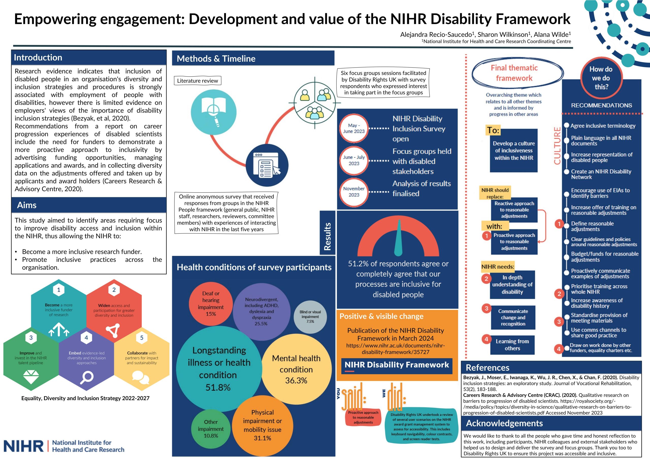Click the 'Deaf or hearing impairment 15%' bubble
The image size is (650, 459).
[211, 304]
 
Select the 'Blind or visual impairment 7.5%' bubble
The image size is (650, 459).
[310, 317]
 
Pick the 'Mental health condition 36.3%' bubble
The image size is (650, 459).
[296, 369]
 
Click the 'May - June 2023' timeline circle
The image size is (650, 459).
[354, 128]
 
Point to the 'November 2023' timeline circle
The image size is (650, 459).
[354, 192]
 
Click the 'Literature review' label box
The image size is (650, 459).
[197, 81]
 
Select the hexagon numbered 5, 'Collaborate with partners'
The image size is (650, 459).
[141, 358]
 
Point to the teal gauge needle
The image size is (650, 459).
[398, 238]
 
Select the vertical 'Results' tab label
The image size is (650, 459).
[327, 236]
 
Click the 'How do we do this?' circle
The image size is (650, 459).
[601, 78]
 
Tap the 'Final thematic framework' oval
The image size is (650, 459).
[514, 73]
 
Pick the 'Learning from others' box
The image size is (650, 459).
[512, 345]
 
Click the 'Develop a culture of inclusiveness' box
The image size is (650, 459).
[514, 151]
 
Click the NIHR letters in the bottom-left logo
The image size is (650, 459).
[24, 446]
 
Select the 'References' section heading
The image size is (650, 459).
[487, 367]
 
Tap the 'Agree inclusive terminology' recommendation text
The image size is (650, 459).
[603, 126]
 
